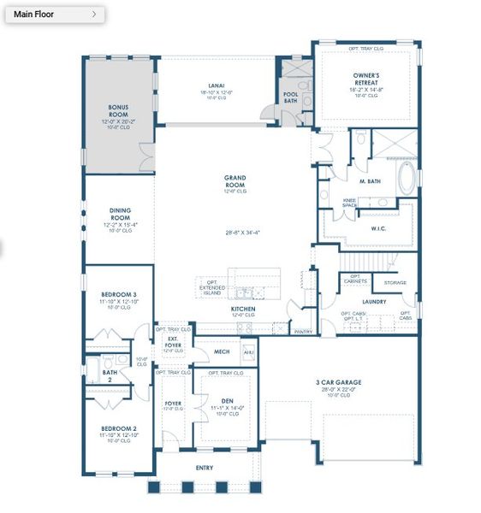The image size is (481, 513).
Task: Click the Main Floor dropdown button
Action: tap(54, 15)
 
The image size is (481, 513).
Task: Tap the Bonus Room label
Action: tap(118, 110)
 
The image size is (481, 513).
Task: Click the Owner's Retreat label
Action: tap(365, 79)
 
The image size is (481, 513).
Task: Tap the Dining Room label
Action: tap(120, 214)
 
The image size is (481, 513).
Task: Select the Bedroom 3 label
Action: tap(119, 294)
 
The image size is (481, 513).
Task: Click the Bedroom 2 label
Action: tap(119, 427)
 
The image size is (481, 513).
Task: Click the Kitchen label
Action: tap(243, 309)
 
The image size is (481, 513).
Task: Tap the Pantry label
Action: tap(302, 330)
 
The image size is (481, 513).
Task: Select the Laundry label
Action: tap(374, 301)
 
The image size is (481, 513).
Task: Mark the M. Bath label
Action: tap(370, 180)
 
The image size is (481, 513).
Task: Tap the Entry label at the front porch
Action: tap(204, 468)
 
